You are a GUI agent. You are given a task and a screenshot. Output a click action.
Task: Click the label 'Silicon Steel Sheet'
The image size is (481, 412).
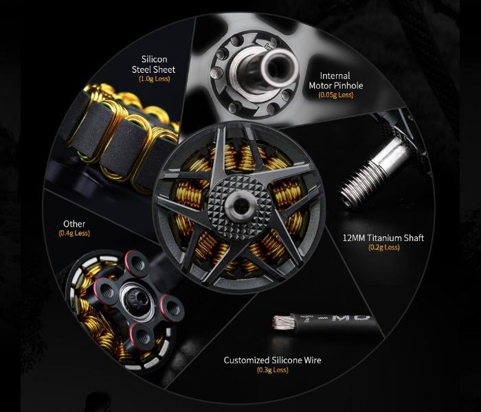point(154,64)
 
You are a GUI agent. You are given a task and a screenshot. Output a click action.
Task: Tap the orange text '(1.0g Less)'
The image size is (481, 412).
point(155,79)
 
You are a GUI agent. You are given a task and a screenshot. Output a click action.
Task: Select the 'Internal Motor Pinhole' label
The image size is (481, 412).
point(335,80)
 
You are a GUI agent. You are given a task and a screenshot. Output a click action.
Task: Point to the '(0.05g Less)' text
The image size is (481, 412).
point(336,95)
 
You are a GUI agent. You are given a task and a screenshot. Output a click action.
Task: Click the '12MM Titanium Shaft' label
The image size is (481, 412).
point(383,238)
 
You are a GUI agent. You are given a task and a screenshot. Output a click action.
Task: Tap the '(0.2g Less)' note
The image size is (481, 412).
point(383,247)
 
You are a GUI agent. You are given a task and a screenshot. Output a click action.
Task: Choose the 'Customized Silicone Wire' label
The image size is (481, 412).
point(272,360)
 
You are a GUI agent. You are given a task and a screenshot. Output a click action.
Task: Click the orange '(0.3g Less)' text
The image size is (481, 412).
point(273,370)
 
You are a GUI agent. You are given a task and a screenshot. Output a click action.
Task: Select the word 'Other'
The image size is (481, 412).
point(74,224)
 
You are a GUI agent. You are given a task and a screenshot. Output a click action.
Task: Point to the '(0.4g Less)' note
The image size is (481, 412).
point(74,233)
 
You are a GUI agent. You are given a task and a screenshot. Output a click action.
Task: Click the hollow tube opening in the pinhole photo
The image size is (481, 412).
point(278,69)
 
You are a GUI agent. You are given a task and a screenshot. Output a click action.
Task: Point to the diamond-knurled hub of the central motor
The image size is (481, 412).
point(240,207)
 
